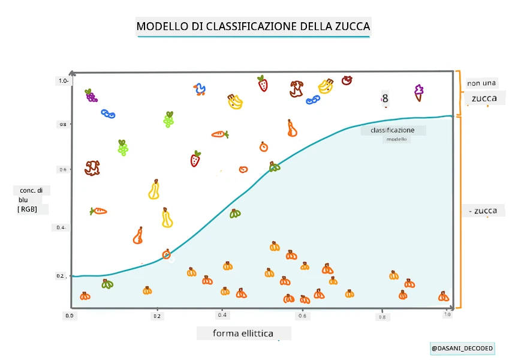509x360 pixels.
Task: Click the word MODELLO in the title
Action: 162,26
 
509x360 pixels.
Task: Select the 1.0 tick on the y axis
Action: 64,81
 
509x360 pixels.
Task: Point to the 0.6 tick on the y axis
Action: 63,170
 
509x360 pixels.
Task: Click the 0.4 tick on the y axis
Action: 61,227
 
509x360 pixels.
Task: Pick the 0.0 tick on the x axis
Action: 70,316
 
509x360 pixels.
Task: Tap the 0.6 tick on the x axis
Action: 302,316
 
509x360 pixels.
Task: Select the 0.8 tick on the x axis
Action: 382,317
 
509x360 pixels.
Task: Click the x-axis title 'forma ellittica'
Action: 243,334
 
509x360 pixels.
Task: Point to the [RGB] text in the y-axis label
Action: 27,209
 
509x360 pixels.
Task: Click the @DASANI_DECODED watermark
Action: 462,349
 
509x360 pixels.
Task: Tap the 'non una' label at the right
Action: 481,83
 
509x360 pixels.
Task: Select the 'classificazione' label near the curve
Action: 393,130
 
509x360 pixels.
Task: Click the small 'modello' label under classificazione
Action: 396,139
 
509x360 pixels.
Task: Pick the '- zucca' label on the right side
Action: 483,211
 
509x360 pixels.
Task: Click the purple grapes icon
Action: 91,95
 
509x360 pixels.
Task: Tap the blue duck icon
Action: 200,89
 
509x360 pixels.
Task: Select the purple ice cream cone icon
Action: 418,93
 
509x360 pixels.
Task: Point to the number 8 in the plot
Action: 385,98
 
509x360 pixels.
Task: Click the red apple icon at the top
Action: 347,80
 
